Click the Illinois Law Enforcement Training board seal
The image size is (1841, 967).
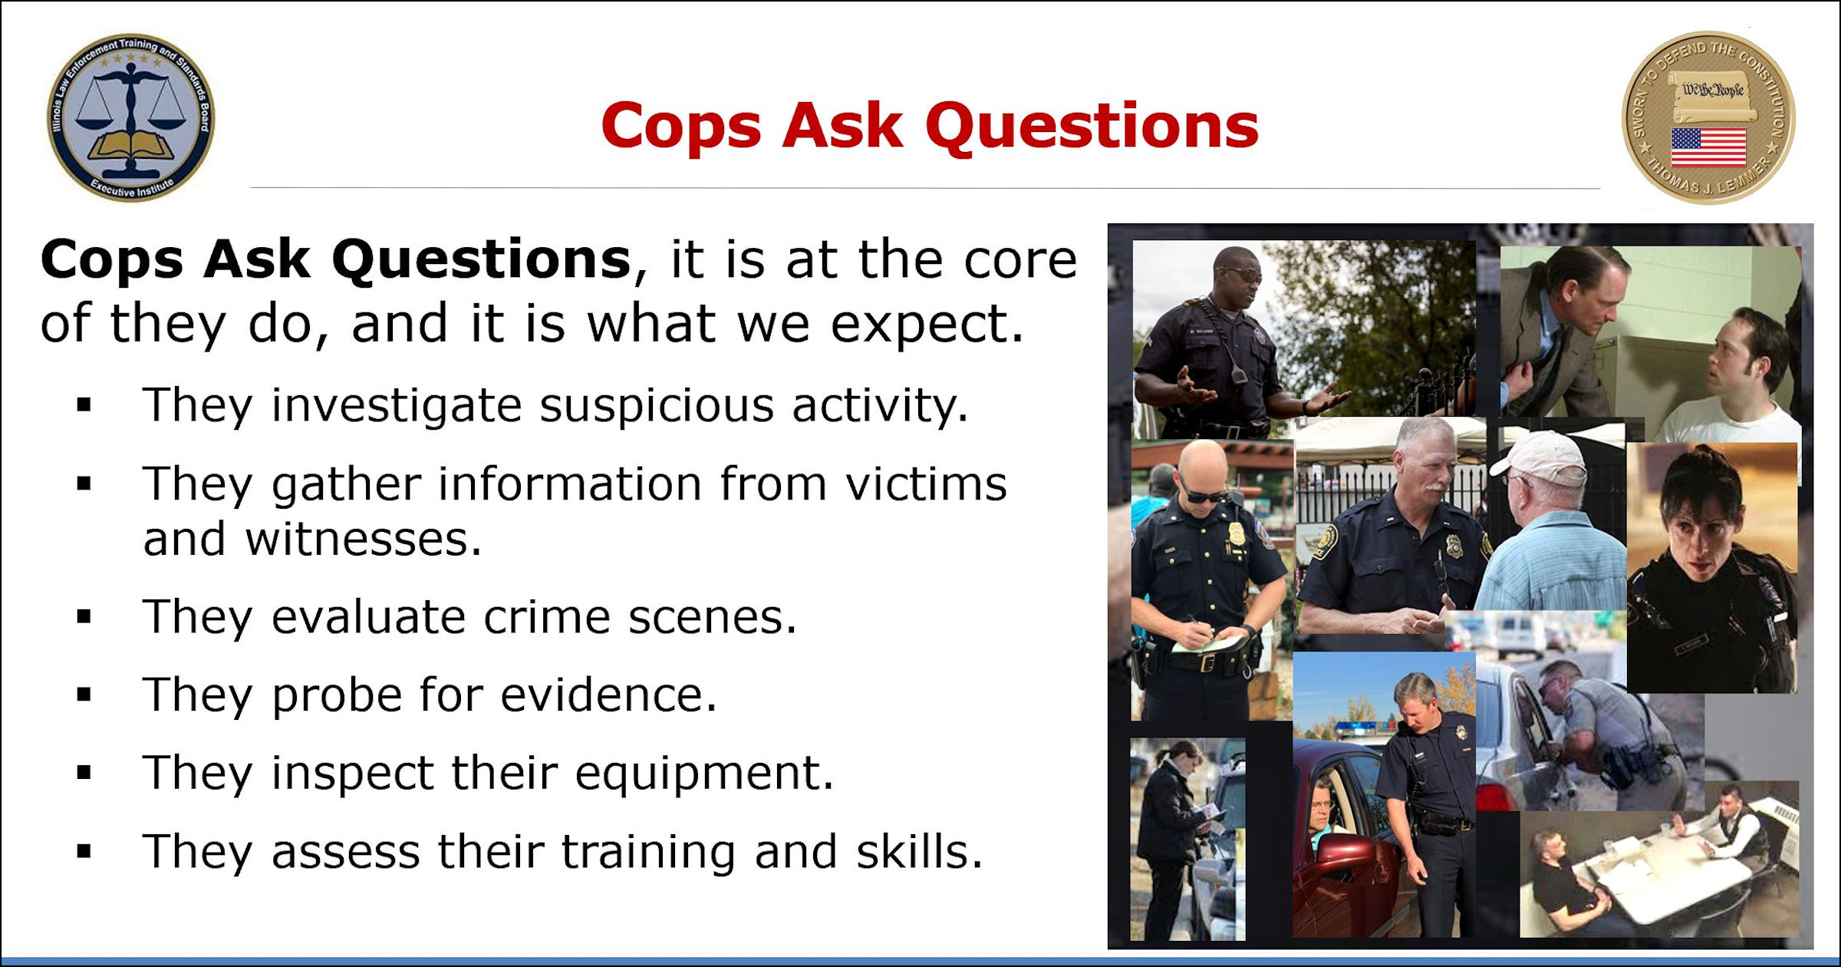pyautogui.click(x=131, y=117)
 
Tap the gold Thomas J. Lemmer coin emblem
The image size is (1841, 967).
pyautogui.click(x=1708, y=117)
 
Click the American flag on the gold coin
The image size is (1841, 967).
pyautogui.click(x=1708, y=147)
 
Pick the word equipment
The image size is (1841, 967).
pyautogui.click(x=703, y=773)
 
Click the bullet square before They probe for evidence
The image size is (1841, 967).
pyautogui.click(x=84, y=695)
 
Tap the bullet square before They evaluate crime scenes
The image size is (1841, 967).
pyautogui.click(x=84, y=617)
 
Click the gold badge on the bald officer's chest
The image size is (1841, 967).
pyautogui.click(x=1236, y=534)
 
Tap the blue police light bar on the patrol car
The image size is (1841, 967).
pyautogui.click(x=1366, y=727)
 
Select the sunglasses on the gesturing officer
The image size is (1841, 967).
pyautogui.click(x=1241, y=274)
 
